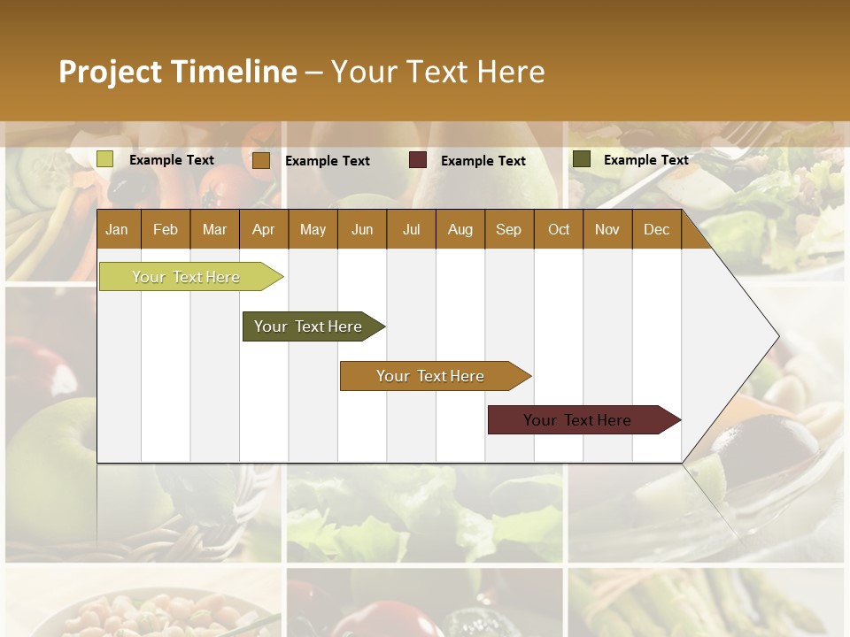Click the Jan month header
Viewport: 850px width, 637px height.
point(117,229)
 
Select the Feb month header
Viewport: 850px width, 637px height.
point(166,229)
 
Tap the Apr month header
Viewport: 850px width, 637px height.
point(263,229)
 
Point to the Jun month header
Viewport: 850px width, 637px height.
point(362,229)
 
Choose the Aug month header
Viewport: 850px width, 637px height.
point(460,229)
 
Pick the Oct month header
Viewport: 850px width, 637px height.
point(559,229)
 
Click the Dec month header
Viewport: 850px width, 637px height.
point(656,229)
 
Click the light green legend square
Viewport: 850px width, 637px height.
point(105,159)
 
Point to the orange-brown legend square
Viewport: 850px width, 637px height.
point(260,160)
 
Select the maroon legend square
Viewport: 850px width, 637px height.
point(418,160)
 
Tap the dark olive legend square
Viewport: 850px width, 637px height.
point(581,159)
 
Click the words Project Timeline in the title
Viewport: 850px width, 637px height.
point(178,72)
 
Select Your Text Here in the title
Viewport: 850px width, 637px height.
point(437,72)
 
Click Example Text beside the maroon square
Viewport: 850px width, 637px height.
point(483,161)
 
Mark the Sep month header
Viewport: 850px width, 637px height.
point(508,229)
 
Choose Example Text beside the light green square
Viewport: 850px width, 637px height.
point(172,160)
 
